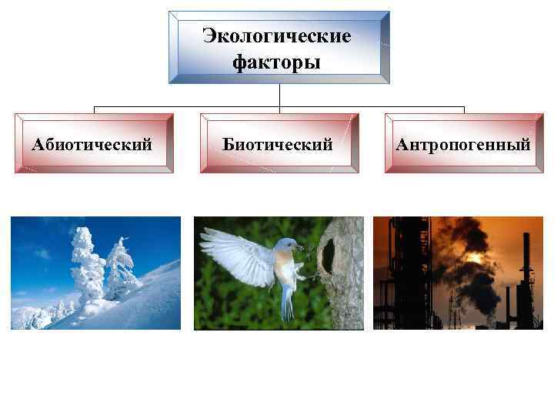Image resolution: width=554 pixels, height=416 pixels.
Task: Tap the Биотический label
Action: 278,143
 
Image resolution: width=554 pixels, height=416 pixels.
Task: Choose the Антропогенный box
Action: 463,143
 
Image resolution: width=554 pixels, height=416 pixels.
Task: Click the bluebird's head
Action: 287,247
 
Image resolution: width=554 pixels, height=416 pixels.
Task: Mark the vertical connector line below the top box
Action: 279,95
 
